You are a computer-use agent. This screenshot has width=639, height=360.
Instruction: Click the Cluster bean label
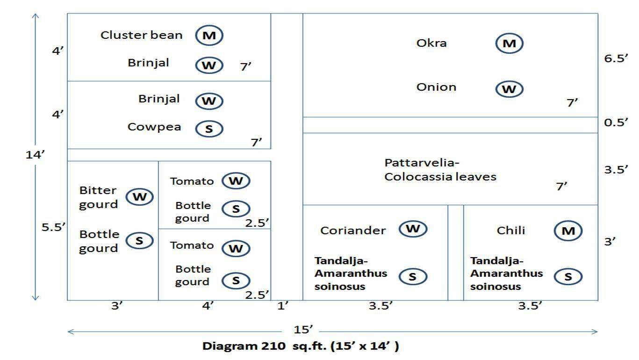point(142,35)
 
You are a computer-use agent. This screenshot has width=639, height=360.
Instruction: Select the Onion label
point(436,87)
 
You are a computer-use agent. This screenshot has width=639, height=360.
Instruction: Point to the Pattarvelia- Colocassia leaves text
point(440,170)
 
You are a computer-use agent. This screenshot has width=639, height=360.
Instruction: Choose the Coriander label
point(353,230)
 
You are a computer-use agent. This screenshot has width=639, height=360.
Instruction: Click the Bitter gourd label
point(98,197)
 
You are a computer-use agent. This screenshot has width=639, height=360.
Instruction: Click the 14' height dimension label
point(35,155)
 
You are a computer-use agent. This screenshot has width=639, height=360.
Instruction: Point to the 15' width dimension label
point(303,330)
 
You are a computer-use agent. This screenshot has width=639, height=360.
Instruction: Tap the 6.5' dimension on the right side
point(616,58)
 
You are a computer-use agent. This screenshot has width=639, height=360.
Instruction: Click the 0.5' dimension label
point(616,122)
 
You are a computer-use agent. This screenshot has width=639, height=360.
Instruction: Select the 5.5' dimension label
point(53,227)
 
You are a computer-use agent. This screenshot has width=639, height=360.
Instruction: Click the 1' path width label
point(283,306)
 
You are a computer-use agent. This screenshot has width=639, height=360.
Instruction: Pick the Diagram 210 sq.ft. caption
point(301,346)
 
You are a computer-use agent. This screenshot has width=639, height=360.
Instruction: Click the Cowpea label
point(154,127)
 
